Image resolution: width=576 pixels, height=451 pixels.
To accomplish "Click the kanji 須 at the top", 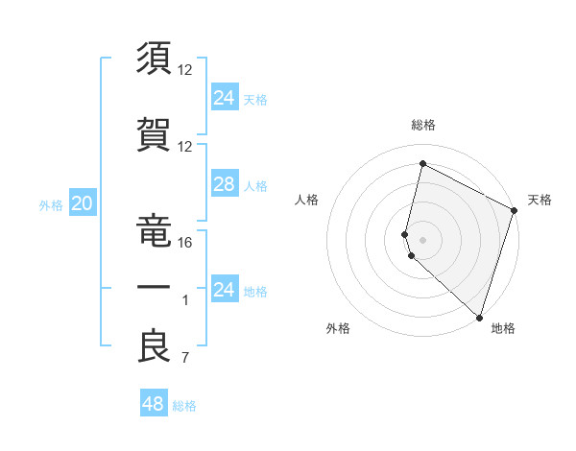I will click(155, 59).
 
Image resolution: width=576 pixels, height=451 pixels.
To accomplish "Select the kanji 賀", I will click(155, 131).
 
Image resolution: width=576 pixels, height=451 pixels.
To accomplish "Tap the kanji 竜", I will click(155, 226).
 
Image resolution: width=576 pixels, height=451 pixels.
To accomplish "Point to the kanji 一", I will click(155, 288).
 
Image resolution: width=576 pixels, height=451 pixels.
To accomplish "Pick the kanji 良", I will click(155, 347).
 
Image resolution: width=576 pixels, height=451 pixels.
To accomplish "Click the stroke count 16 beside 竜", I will click(185, 242).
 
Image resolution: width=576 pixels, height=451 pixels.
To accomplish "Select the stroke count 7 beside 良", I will click(185, 360).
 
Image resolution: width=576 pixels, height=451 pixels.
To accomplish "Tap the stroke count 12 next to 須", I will click(185, 70).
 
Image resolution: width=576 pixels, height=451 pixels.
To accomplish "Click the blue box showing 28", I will click(224, 184).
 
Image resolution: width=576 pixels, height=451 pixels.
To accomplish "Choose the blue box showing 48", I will click(154, 404).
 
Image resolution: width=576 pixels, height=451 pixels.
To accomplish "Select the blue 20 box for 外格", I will click(82, 203).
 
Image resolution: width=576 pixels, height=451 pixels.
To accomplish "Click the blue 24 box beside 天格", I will click(224, 97).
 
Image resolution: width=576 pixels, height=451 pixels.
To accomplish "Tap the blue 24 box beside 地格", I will click(224, 290).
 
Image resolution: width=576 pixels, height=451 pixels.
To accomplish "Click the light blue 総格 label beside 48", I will click(184, 406).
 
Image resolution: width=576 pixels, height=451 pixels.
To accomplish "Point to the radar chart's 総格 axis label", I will click(423, 125).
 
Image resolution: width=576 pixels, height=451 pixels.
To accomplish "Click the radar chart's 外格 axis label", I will click(338, 328).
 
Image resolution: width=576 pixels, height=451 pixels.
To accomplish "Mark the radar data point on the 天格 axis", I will click(515, 212).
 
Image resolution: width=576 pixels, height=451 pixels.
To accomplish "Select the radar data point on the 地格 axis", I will click(478, 318).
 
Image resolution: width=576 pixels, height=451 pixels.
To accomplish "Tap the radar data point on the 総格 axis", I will click(422, 164).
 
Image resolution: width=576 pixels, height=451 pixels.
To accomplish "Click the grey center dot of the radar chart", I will click(423, 239).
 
